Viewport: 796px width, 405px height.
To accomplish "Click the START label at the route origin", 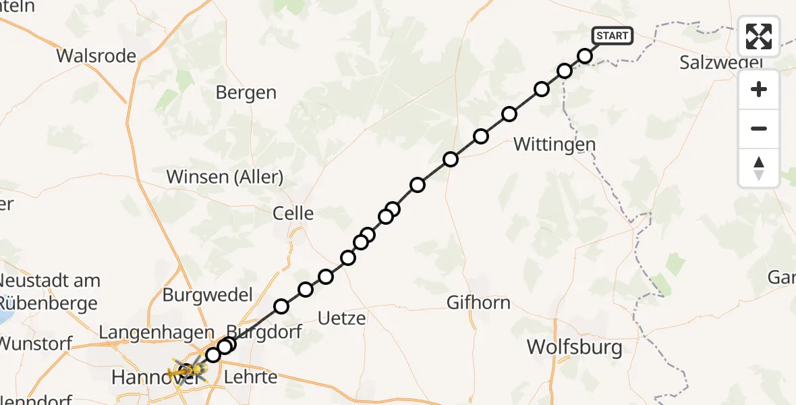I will (x=613, y=36).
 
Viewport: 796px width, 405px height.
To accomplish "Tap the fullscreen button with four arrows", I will (x=759, y=36).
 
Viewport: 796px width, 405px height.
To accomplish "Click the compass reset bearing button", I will (x=759, y=168).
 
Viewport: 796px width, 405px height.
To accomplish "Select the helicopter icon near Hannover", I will (x=185, y=369).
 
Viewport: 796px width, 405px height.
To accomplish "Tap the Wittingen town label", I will (x=555, y=144).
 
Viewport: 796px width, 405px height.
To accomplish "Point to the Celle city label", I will (x=293, y=213).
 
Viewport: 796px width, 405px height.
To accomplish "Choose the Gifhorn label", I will (x=478, y=302).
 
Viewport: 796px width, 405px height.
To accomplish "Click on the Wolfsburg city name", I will (x=574, y=348).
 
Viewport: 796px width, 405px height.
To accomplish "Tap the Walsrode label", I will (x=96, y=55).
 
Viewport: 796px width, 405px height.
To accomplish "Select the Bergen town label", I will (x=246, y=92).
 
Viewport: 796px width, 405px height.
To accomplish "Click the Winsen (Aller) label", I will (x=225, y=178).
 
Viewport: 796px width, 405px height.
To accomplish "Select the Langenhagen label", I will (x=156, y=332).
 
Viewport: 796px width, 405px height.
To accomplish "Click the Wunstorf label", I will (x=35, y=344).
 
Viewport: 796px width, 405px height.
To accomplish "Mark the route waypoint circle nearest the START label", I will (x=585, y=57).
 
